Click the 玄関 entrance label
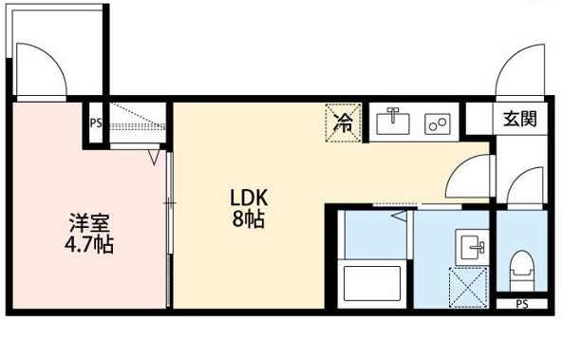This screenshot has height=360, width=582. (519, 119)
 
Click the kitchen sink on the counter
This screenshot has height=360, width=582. (392, 122)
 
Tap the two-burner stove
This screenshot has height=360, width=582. (438, 123)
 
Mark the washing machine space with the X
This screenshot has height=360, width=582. (470, 288)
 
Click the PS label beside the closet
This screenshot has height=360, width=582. (95, 123)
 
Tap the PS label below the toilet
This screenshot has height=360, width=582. (521, 305)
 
